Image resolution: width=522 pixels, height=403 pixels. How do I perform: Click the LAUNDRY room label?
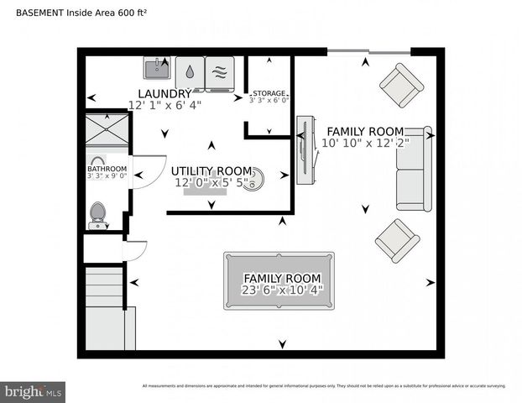click(165, 93)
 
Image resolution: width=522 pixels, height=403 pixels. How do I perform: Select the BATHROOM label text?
click(107, 168)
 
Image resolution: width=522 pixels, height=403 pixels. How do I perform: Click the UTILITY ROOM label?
click(212, 170)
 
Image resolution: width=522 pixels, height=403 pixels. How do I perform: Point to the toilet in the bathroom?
click(98, 215)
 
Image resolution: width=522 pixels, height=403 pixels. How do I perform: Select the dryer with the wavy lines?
click(221, 71)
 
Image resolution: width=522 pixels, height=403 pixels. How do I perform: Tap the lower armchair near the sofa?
click(397, 240)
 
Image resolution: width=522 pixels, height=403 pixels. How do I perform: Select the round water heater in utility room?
click(253, 179)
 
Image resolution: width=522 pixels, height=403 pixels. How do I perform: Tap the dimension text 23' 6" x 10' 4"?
click(282, 290)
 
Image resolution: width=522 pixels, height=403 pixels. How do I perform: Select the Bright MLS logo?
click(34, 390)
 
